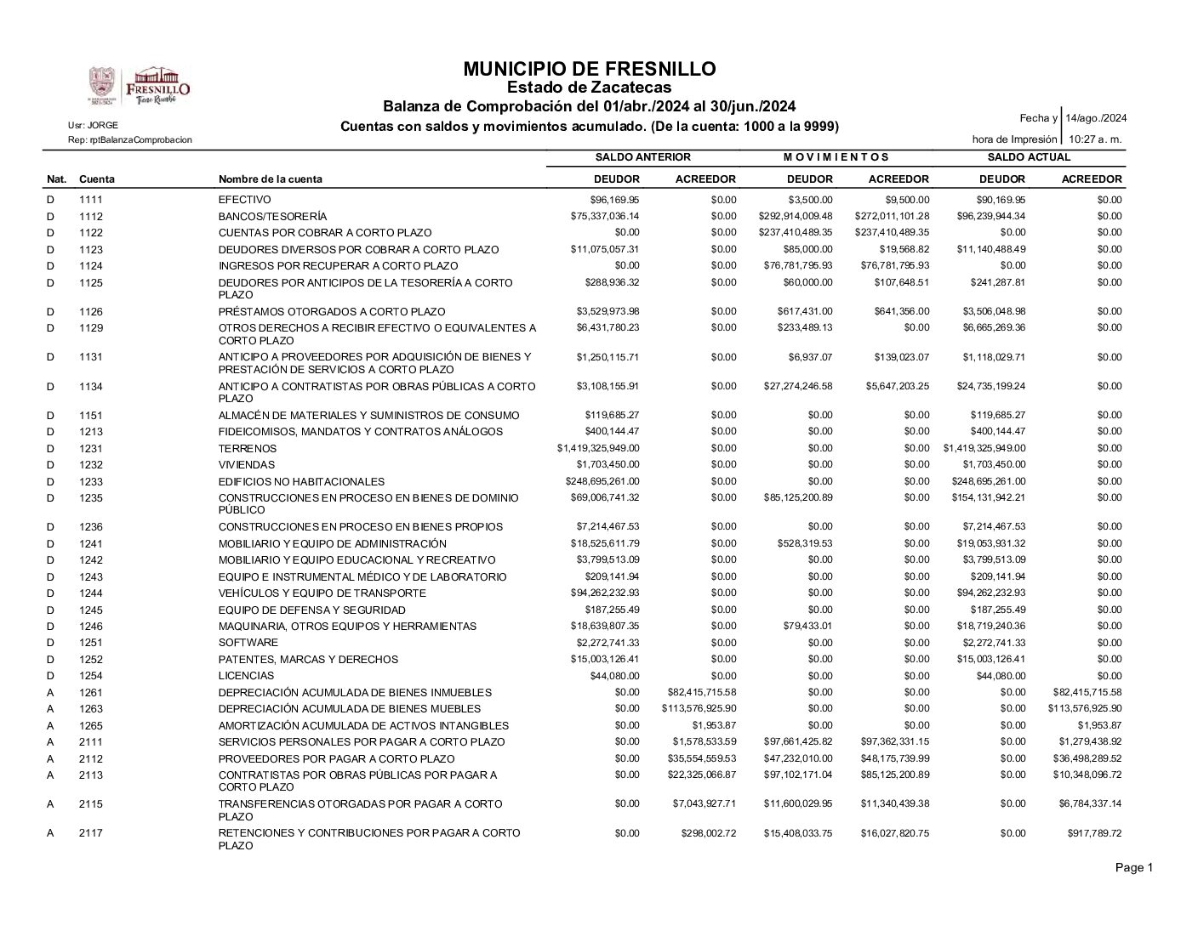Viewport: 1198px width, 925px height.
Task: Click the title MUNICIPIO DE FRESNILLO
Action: tap(590, 69)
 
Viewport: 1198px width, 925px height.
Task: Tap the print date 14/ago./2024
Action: tap(1096, 118)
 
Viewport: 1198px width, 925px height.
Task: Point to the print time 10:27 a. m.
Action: tap(1095, 139)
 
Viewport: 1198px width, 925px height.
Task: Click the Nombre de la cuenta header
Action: tap(271, 179)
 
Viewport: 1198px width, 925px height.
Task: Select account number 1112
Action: tap(91, 217)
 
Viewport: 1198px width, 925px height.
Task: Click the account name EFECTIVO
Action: tap(245, 200)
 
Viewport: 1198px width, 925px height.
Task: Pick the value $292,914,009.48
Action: tap(796, 216)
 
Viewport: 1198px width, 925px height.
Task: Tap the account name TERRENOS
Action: tap(248, 449)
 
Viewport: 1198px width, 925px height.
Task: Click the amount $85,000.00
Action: tap(808, 249)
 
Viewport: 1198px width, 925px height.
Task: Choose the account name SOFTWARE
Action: tap(248, 643)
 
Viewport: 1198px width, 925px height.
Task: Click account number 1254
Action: tap(91, 676)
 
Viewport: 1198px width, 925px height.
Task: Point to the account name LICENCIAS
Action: tap(247, 676)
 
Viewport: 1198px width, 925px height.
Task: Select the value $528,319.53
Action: tap(805, 543)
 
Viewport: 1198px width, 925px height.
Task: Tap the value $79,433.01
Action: tap(808, 627)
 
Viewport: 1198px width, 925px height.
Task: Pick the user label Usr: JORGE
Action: tap(94, 125)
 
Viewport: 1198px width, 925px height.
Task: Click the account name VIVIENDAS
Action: tap(247, 465)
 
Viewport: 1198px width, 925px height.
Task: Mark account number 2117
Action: tap(91, 833)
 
